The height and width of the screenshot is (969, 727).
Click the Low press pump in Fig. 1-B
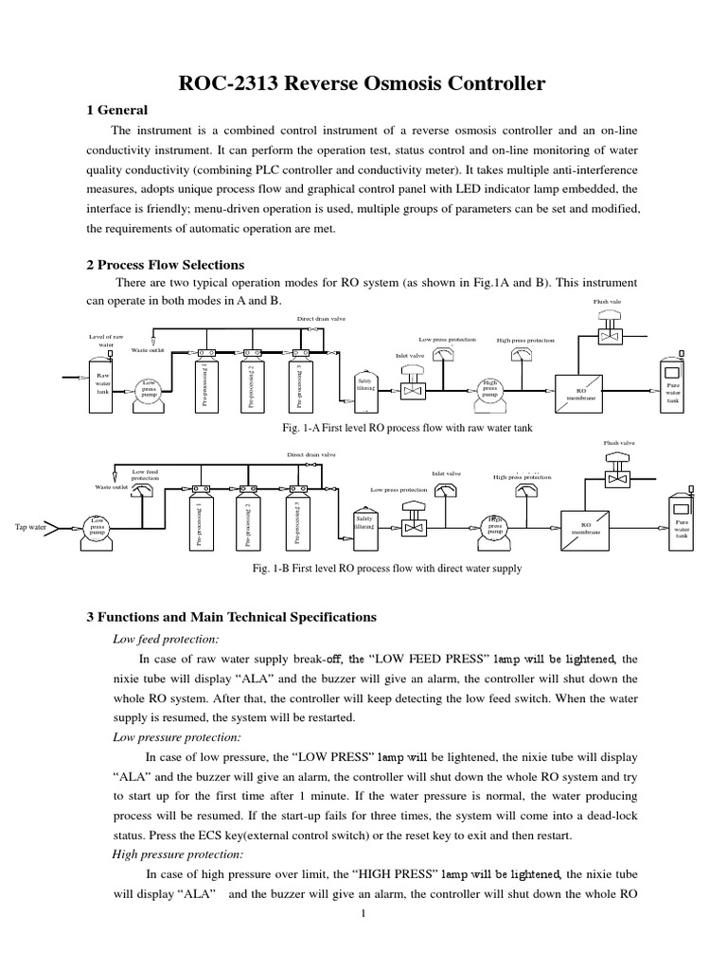coord(98,531)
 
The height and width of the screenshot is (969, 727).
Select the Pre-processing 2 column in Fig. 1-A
coord(250,387)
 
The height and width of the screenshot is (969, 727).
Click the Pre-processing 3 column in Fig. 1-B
coord(298,523)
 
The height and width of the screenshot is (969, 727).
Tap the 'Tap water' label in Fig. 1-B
coord(31,527)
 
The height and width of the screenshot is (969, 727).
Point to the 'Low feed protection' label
coord(145,474)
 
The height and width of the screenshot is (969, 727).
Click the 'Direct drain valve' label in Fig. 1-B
coord(311,454)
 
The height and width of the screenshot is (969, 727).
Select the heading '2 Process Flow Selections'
coord(166,265)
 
